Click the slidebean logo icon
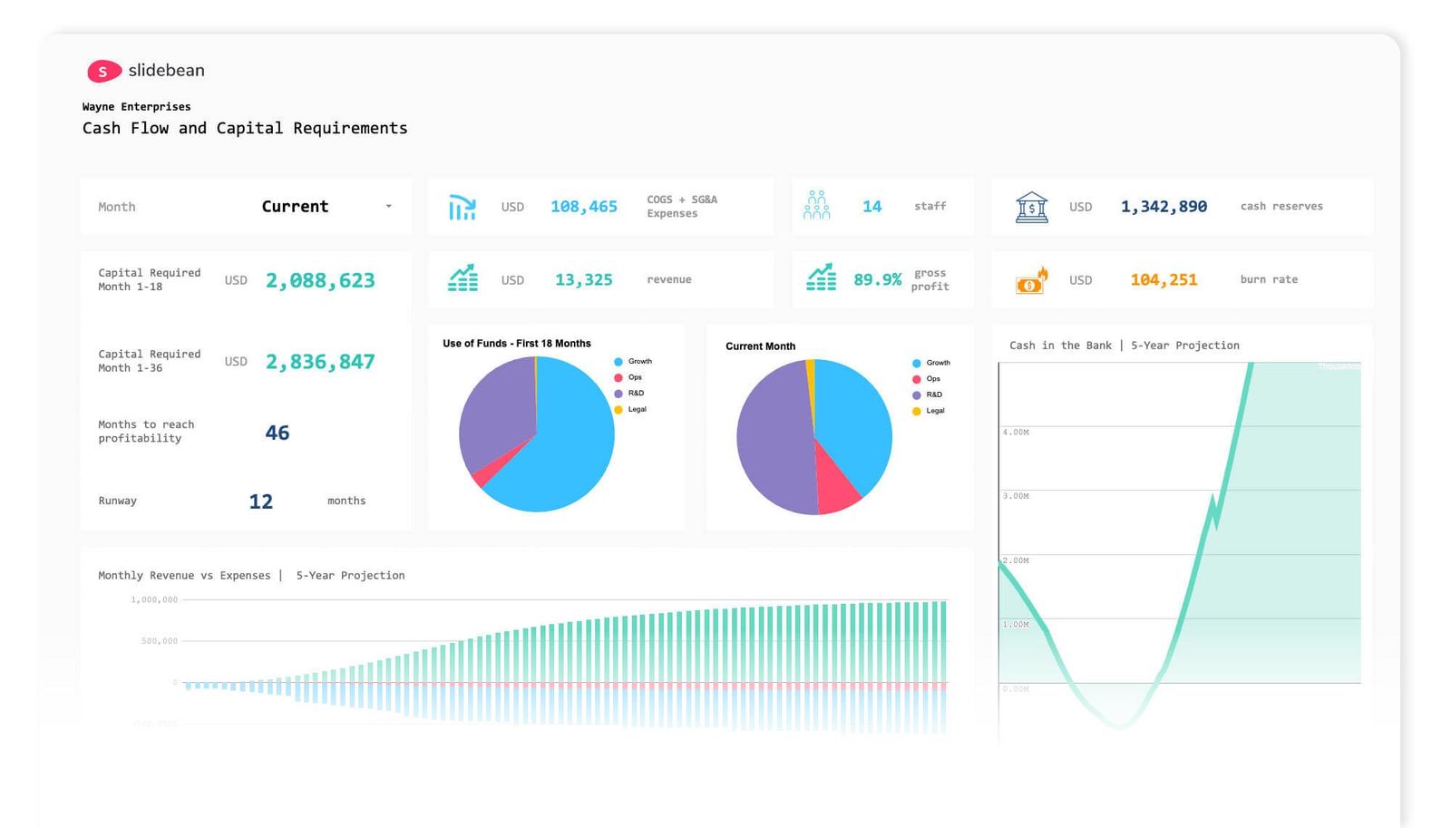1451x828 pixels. tap(103, 71)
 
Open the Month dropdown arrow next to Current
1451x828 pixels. tap(388, 207)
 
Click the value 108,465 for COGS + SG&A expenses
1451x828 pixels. tap(583, 207)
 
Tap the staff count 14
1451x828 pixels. tap(872, 207)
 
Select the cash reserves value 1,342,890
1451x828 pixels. tap(1164, 207)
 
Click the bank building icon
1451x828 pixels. tap(1031, 207)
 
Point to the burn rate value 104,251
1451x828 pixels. tap(1164, 280)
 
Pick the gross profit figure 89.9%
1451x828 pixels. tap(877, 280)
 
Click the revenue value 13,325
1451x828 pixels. tap(583, 280)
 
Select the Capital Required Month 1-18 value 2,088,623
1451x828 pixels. tap(319, 281)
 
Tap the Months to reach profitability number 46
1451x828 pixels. tap(277, 433)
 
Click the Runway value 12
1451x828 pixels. tap(260, 502)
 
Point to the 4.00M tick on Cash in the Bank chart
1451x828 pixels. tap(1016, 433)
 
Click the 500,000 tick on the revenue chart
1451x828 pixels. tap(160, 641)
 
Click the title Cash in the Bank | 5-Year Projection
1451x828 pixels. tap(1124, 346)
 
